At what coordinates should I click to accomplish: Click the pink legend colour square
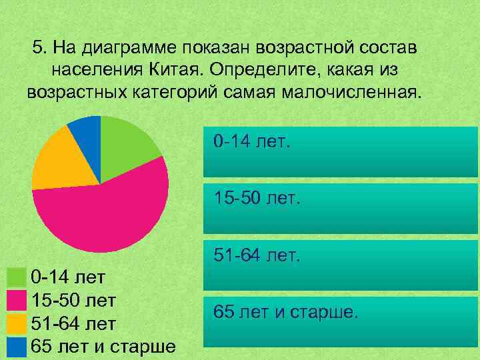15,301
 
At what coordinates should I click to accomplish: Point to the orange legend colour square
15,324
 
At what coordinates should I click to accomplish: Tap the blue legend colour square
15,347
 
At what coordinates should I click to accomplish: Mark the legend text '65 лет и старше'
103,347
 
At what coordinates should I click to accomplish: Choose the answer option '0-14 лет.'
340,151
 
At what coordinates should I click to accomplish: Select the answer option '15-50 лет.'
340,207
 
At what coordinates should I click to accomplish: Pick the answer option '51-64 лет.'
340,264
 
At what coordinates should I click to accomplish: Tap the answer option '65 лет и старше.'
340,321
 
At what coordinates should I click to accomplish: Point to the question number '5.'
39,48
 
